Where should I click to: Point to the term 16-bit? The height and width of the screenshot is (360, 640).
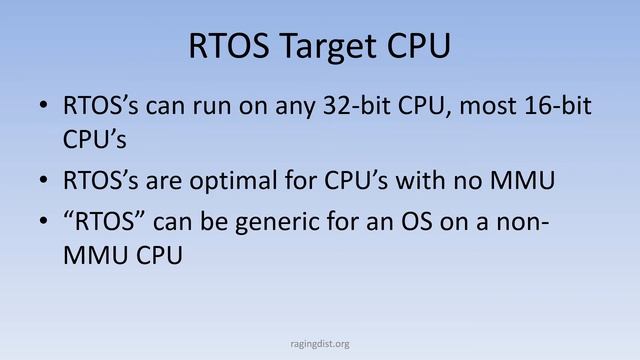(550, 106)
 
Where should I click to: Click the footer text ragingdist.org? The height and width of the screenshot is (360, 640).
(320, 343)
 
